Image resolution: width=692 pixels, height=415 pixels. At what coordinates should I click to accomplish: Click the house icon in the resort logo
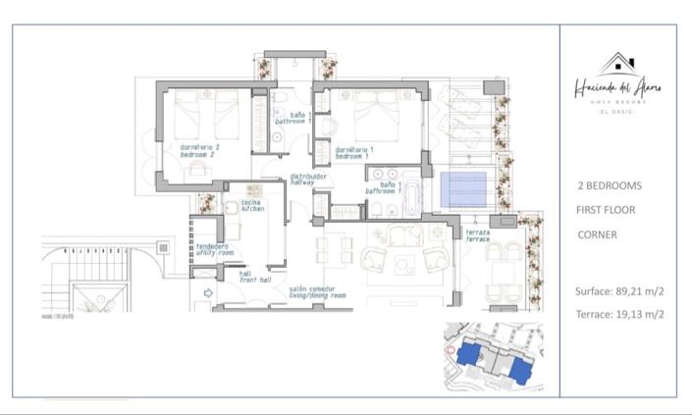pyautogui.click(x=617, y=66)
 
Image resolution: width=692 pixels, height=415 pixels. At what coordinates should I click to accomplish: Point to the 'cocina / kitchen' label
pyautogui.click(x=253, y=206)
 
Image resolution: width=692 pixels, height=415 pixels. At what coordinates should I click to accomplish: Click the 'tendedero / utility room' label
pyautogui.click(x=215, y=249)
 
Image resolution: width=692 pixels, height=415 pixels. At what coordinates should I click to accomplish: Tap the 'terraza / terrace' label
pyautogui.click(x=478, y=237)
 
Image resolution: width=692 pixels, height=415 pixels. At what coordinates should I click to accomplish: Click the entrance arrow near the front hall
pyautogui.click(x=207, y=293)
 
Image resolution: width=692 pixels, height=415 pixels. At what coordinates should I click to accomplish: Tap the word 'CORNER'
pyautogui.click(x=597, y=234)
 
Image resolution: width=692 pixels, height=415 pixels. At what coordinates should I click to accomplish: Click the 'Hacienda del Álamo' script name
pyautogui.click(x=617, y=88)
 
